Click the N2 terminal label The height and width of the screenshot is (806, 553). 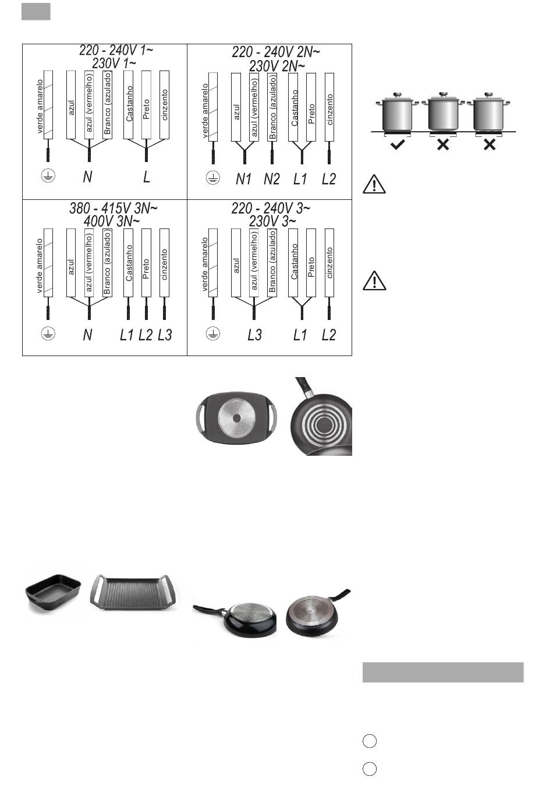272,179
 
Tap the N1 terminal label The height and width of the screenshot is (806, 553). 243,179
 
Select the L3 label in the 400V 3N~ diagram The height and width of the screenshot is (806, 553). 165,335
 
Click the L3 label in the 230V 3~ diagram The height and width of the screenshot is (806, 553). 254,335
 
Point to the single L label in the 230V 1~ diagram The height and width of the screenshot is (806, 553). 146,177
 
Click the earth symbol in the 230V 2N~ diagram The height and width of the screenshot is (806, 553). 212,178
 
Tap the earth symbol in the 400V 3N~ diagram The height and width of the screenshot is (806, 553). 48,333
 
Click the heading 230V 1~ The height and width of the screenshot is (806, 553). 114,64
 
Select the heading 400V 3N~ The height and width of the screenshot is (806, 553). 111,221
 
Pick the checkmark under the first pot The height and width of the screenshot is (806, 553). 398,145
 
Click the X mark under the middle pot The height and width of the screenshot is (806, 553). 443,145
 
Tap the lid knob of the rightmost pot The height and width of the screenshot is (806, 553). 488,94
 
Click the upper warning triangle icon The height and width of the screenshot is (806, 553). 374,184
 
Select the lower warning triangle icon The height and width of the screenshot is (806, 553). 374,281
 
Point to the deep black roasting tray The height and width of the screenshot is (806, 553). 53,594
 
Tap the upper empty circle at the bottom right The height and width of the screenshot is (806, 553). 370,741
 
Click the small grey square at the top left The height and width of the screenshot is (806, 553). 36,12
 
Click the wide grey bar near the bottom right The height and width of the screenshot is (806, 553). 442,672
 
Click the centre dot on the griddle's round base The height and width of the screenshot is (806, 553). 236,418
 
